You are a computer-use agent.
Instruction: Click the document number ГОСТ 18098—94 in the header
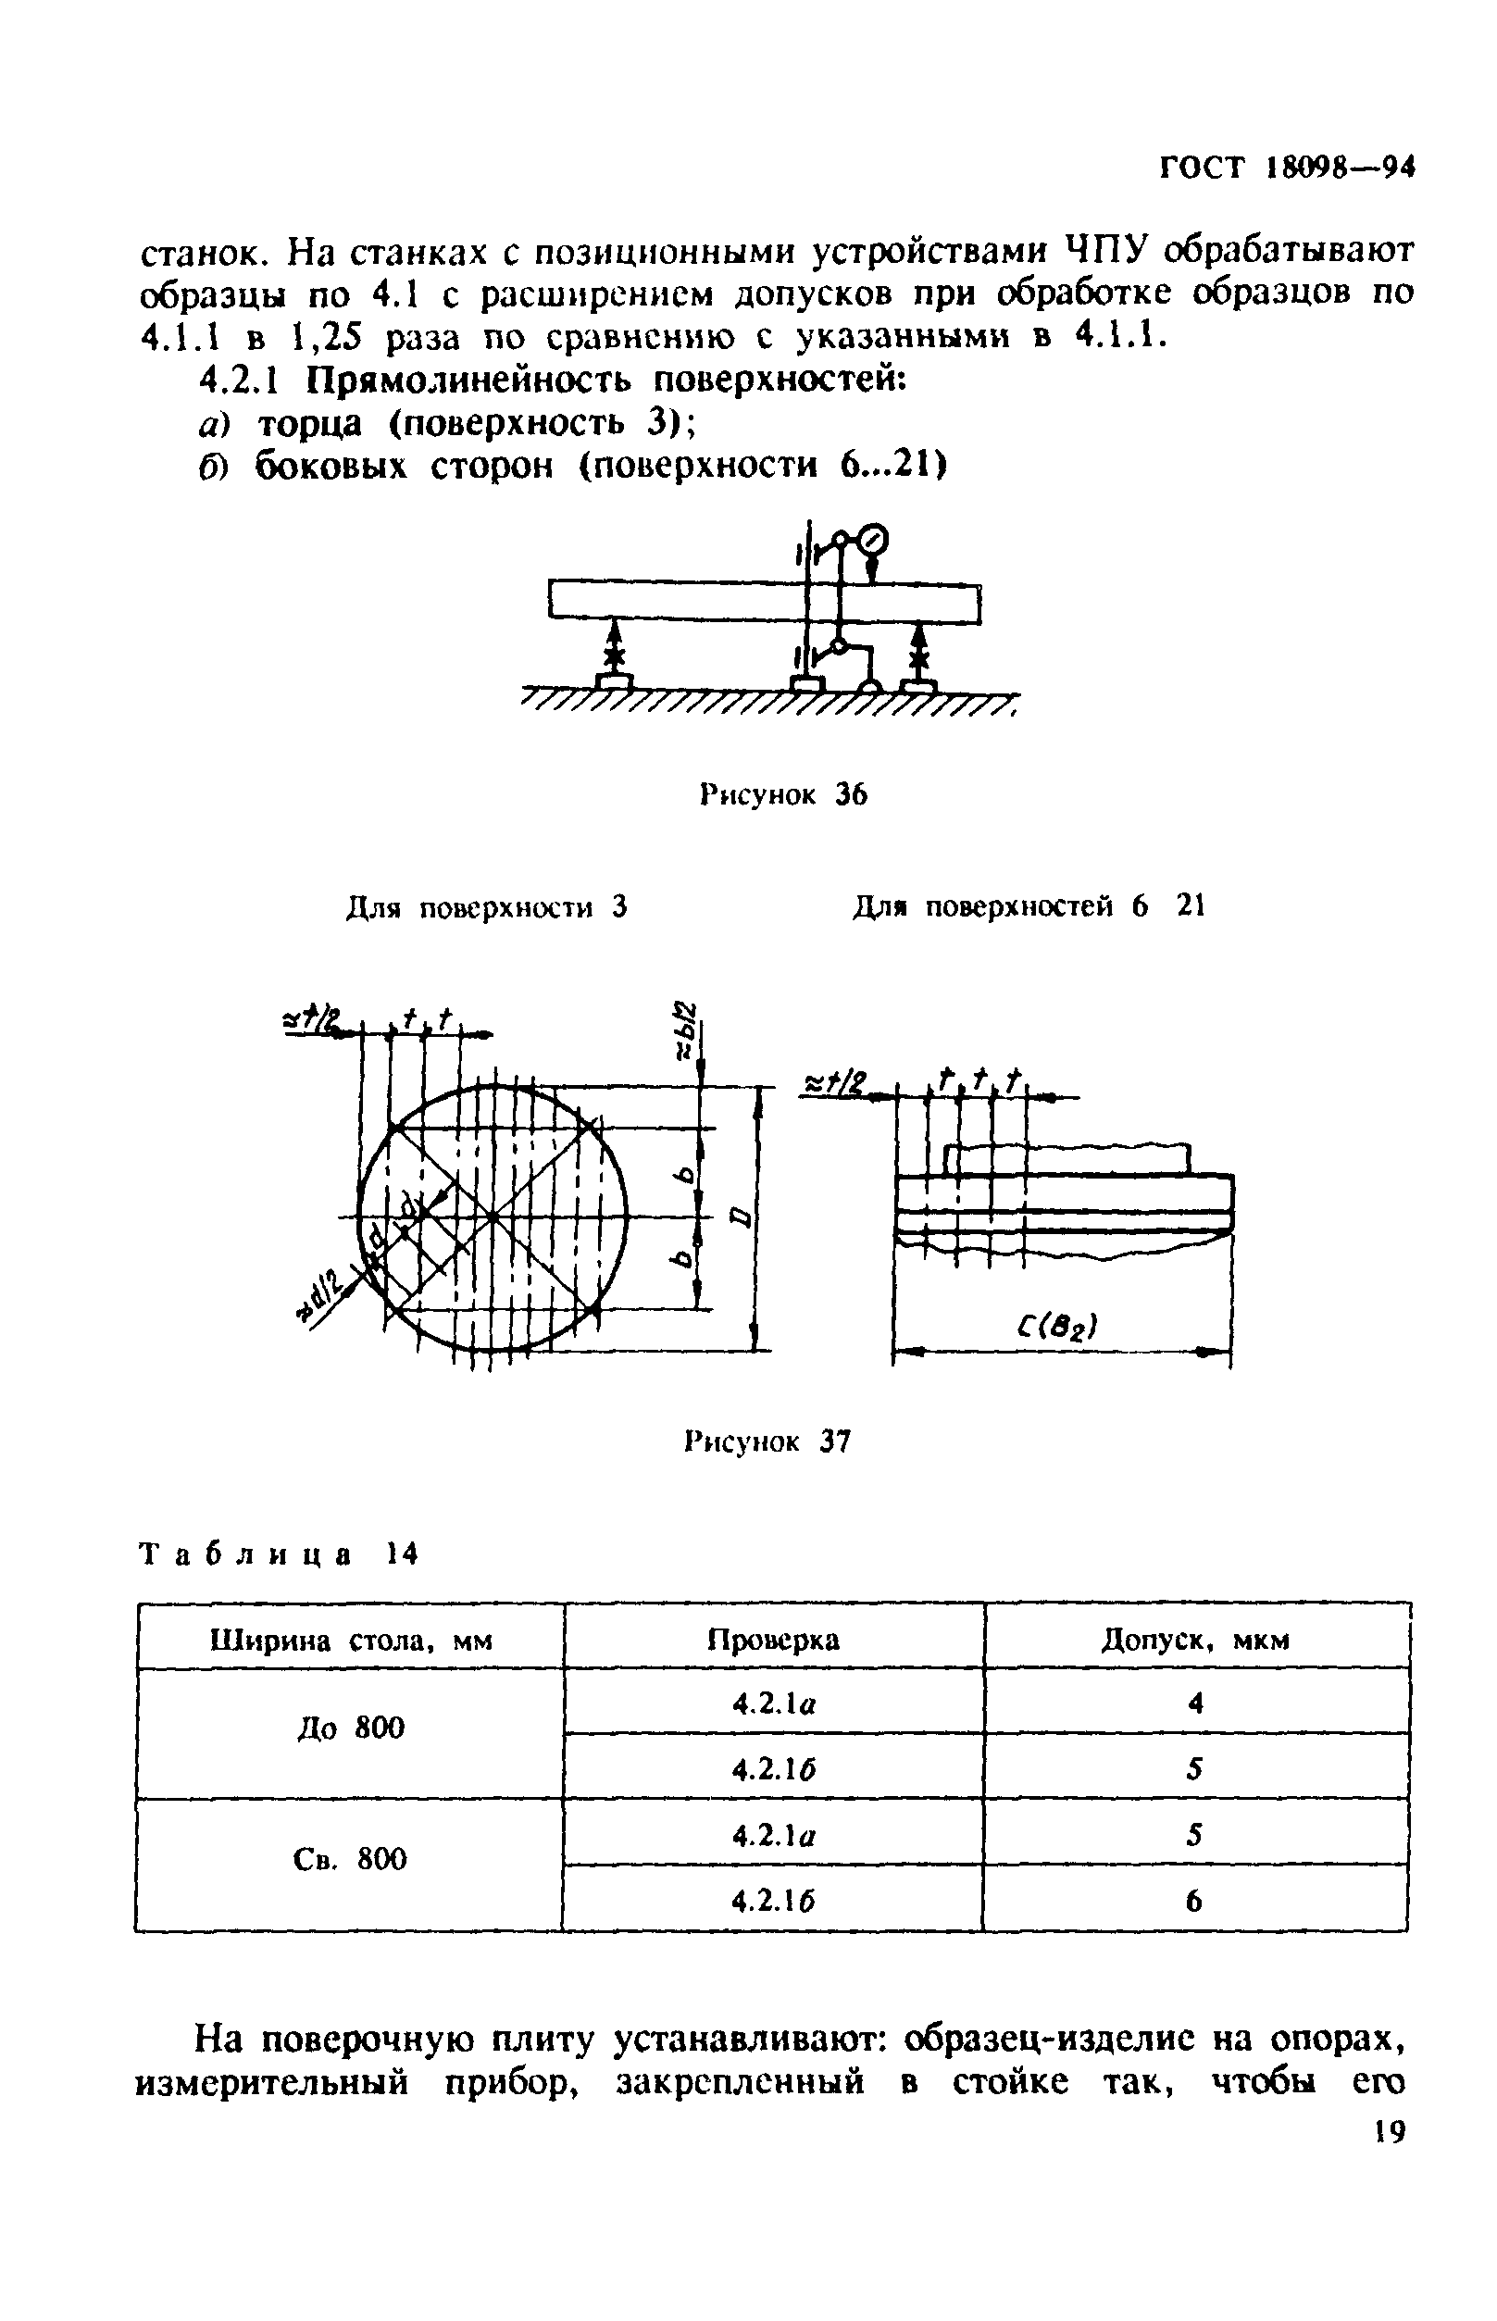point(1287,168)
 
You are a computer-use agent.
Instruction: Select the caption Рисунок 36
point(782,795)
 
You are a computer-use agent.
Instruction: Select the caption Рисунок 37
point(768,1441)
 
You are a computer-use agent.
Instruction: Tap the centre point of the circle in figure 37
point(493,1216)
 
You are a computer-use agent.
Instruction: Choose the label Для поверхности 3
point(486,908)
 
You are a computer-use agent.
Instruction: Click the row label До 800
point(350,1728)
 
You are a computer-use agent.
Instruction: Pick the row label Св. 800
point(350,1859)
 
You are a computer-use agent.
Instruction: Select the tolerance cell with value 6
point(1194,1899)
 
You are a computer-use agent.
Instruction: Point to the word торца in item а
point(309,424)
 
